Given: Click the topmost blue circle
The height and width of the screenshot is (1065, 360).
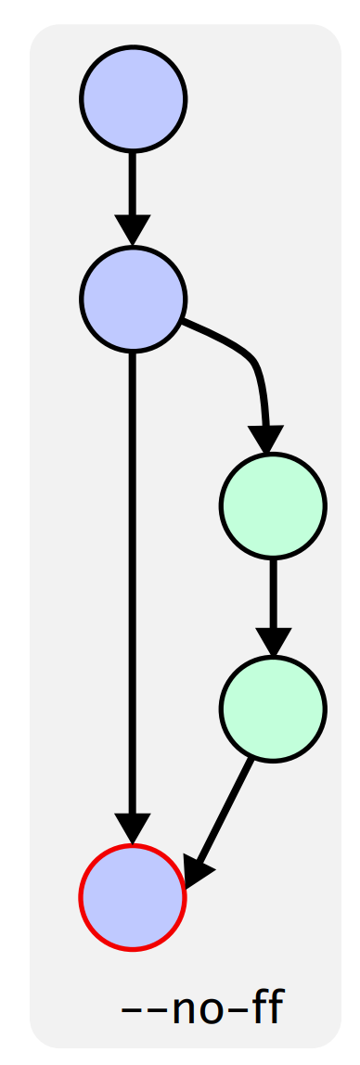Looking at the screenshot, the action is pos(133,99).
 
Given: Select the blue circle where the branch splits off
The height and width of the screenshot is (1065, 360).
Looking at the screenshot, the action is pos(133,299).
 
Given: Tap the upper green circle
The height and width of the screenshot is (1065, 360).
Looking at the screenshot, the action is pos(273,506).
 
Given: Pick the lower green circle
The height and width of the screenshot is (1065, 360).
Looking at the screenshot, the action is pos(273,709).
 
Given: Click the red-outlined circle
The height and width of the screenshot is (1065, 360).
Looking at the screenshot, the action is pos(133,898).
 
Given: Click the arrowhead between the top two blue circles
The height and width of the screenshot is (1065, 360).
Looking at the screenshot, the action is pos(133,229).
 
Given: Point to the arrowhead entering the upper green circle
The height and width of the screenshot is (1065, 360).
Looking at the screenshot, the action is pos(266,439).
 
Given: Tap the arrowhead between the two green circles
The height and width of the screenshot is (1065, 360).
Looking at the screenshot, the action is pos(273,642).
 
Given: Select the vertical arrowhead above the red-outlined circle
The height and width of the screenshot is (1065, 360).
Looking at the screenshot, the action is pos(133,828).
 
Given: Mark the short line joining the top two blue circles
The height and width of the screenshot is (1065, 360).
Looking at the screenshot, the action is pos(133,184).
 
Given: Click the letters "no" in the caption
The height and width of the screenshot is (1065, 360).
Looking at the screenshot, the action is pos(189,1010).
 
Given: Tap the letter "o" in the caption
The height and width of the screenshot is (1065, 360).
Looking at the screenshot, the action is pos(199,1010).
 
